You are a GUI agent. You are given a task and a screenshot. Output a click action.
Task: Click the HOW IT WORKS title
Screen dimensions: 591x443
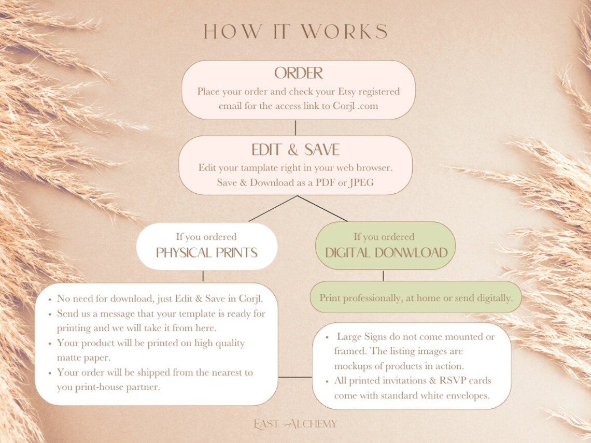point(295,32)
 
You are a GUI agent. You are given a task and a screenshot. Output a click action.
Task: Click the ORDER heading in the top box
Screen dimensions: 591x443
point(299,73)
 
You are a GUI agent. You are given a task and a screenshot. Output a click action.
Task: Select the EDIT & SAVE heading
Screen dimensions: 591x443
point(295,150)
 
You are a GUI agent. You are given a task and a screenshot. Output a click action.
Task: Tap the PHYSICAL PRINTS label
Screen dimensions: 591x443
point(206,252)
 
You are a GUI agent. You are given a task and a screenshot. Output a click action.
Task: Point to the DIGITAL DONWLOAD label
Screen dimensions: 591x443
point(386,252)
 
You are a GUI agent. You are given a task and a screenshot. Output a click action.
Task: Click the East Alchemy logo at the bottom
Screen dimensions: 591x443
point(295,424)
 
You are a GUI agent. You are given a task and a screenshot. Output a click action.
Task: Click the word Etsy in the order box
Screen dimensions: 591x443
point(346,92)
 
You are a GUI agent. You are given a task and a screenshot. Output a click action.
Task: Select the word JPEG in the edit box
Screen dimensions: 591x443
point(362,183)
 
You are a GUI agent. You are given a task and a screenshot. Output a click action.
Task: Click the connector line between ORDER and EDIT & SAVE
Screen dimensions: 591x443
point(295,127)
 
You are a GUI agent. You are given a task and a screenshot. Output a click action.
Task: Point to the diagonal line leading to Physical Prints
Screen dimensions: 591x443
point(273,208)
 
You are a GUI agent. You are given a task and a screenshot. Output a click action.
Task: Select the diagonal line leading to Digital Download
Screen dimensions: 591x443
point(322,208)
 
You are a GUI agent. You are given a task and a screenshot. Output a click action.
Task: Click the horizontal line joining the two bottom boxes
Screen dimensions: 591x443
point(295,377)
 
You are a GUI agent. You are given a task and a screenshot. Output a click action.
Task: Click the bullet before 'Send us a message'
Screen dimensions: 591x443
point(50,314)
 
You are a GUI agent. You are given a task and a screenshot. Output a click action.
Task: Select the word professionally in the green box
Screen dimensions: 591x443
point(367,298)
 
